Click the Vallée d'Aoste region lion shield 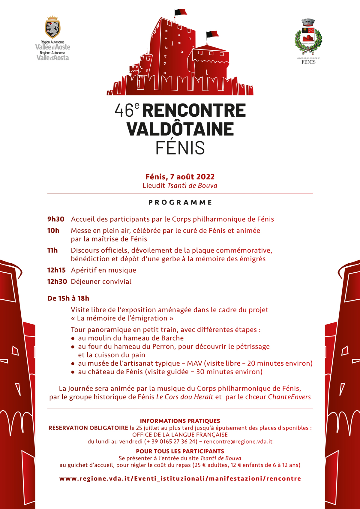click(52, 28)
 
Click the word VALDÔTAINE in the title click(180, 129)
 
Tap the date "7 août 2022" click(192, 177)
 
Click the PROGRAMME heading click(180, 202)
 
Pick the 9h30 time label click(56, 219)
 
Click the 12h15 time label click(56, 270)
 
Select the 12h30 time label click(57, 282)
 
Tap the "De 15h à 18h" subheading click(68, 298)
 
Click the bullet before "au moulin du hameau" click(73, 338)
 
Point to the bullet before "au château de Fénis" click(73, 372)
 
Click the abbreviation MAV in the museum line click(194, 364)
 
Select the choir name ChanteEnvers click(289, 397)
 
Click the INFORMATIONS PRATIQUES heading click(180, 421)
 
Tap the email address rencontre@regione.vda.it click(238, 442)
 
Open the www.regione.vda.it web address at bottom click(180, 479)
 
